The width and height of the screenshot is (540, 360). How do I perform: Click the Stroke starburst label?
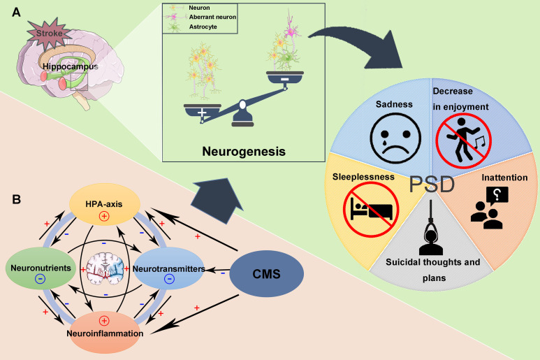[x=49, y=34]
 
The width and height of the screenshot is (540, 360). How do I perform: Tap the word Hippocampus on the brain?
[x=71, y=66]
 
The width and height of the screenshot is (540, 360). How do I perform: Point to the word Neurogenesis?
[x=244, y=151]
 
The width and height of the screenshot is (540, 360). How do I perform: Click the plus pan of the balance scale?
[x=203, y=110]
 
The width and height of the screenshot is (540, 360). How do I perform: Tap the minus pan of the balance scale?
[x=285, y=78]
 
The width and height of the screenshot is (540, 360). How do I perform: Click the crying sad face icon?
[x=395, y=138]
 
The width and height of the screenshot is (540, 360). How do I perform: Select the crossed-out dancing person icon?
[x=463, y=141]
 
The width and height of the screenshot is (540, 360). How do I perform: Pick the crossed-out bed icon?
[x=371, y=210]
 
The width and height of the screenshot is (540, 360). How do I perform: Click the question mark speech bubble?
[x=497, y=196]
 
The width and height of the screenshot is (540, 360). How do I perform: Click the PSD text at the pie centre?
[x=432, y=185]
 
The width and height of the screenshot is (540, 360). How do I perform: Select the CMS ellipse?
[x=267, y=273]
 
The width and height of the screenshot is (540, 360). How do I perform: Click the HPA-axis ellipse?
[x=105, y=204]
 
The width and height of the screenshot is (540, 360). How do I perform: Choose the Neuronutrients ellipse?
[x=41, y=268]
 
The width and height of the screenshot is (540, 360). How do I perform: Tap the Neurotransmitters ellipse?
[x=169, y=268]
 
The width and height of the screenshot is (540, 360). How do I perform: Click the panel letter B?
[x=16, y=199]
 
